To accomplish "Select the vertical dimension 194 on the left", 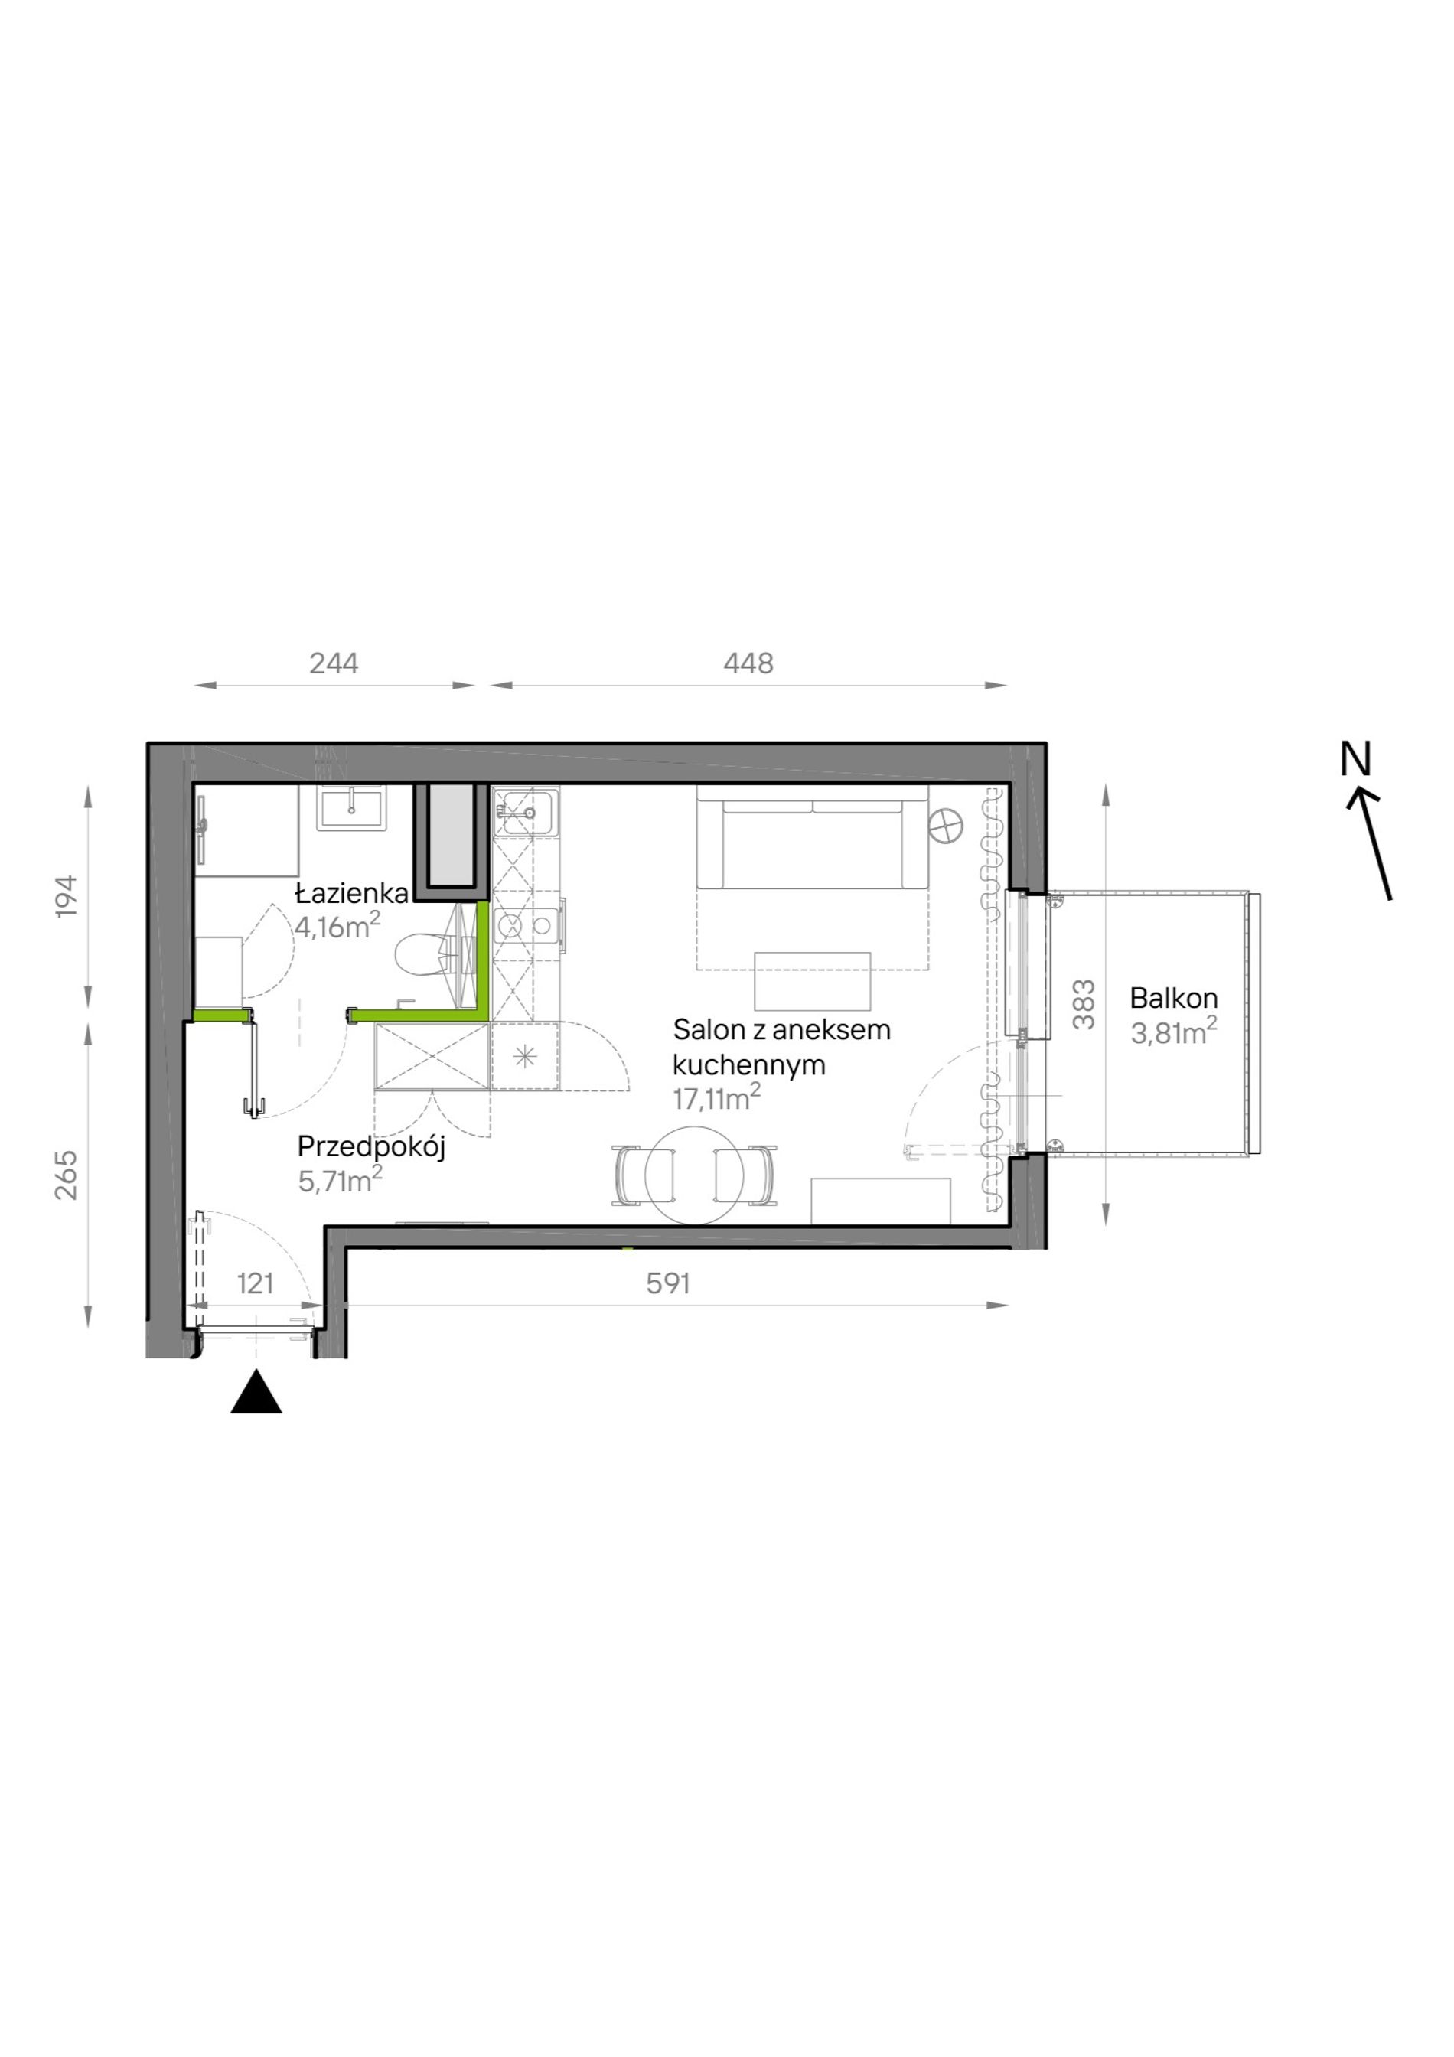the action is [67, 895].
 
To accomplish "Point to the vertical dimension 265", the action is [67, 1175].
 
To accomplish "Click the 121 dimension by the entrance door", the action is [256, 1284].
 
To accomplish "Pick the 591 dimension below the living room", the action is [668, 1284].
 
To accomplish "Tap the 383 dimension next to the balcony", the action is [1084, 1004].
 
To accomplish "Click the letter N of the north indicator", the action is [1355, 760].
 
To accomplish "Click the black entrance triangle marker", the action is [256, 1391].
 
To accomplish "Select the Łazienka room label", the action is [353, 893].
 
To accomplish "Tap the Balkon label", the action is [1174, 997].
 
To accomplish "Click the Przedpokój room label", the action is [372, 1148].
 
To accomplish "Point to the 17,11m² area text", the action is [717, 1097].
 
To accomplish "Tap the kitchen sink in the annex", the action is [526, 812].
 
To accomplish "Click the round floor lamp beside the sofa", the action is [946, 824].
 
